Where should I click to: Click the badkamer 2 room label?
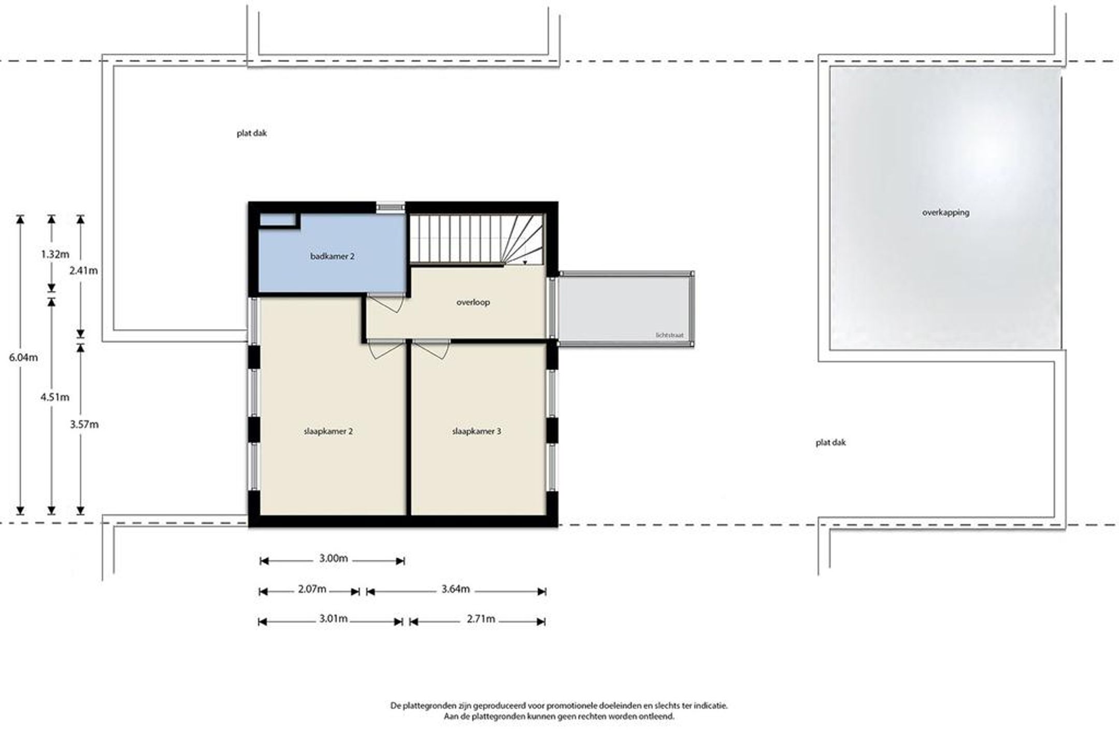coord(332,256)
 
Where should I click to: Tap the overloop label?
coord(473,302)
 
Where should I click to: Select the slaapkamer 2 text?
coord(328,431)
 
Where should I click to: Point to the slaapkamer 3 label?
coord(477,431)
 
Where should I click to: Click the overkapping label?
coord(945,213)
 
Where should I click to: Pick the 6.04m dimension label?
coord(23,358)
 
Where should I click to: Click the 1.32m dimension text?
coord(55,255)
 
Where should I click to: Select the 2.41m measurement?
coord(83,271)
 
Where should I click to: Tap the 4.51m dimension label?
coord(55,398)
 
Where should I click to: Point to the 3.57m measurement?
coord(84,425)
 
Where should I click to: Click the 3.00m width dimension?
coord(333,559)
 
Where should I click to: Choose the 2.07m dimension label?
coord(312,589)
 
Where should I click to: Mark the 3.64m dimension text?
coord(455,589)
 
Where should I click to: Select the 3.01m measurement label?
coord(333,619)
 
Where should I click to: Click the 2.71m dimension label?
coord(481,619)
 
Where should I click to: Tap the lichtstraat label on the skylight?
coord(669,335)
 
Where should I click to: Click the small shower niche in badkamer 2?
coord(277,220)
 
